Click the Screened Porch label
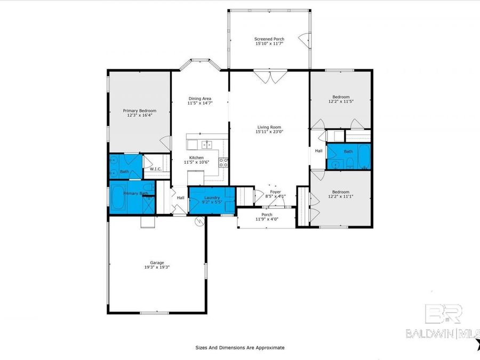coord(269,39)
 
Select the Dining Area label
coord(200,98)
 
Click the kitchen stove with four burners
coord(224,162)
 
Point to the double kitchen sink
coord(207,144)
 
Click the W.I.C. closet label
coord(156,169)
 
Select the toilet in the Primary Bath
coord(151,188)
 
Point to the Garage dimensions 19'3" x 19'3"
coord(156,267)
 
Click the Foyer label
coord(275,191)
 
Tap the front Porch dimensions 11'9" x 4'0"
coord(267,219)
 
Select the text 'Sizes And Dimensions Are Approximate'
coord(239,348)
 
